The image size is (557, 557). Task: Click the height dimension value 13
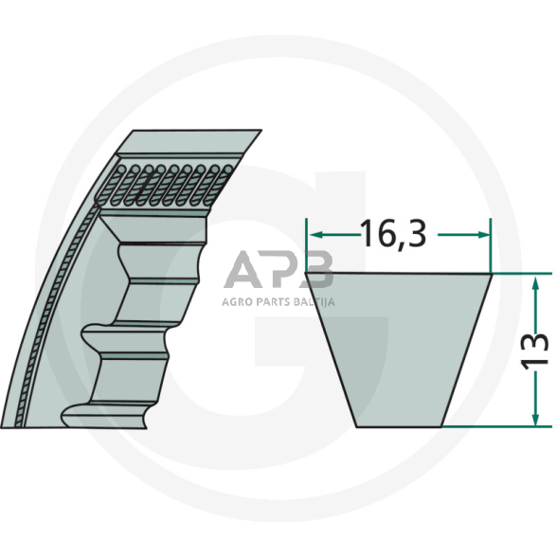pyautogui.click(x=536, y=350)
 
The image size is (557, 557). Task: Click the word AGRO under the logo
pyautogui.click(x=237, y=303)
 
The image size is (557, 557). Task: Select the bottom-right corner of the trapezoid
pyautogui.click(x=442, y=425)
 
